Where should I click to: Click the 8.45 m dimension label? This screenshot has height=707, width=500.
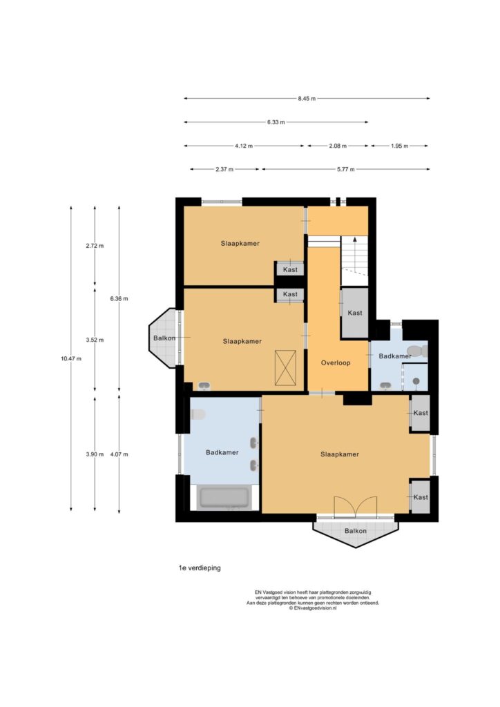307,98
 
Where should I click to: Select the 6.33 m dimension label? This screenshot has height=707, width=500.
276,122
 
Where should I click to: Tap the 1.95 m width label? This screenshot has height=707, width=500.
399,146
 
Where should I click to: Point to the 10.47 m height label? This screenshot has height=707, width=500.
71,358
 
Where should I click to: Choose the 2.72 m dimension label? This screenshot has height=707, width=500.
95,246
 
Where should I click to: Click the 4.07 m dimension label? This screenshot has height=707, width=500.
119,454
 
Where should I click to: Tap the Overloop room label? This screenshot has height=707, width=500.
336,362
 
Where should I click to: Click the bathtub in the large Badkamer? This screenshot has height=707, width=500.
224,498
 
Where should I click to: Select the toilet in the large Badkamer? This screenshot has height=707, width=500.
198,414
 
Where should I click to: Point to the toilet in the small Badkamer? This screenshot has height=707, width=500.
417,351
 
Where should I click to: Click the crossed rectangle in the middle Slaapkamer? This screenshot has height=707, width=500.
285,368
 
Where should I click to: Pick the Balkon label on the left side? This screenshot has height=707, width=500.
164,338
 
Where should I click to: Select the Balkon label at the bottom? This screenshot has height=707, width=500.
355,531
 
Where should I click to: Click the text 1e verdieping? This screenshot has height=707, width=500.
200,568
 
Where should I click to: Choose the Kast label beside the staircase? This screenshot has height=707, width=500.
355,313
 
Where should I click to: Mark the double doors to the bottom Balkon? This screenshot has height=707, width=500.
355,506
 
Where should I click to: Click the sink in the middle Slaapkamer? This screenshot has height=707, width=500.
204,385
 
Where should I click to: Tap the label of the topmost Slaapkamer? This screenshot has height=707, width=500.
240,244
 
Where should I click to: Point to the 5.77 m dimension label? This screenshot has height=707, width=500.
345,169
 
